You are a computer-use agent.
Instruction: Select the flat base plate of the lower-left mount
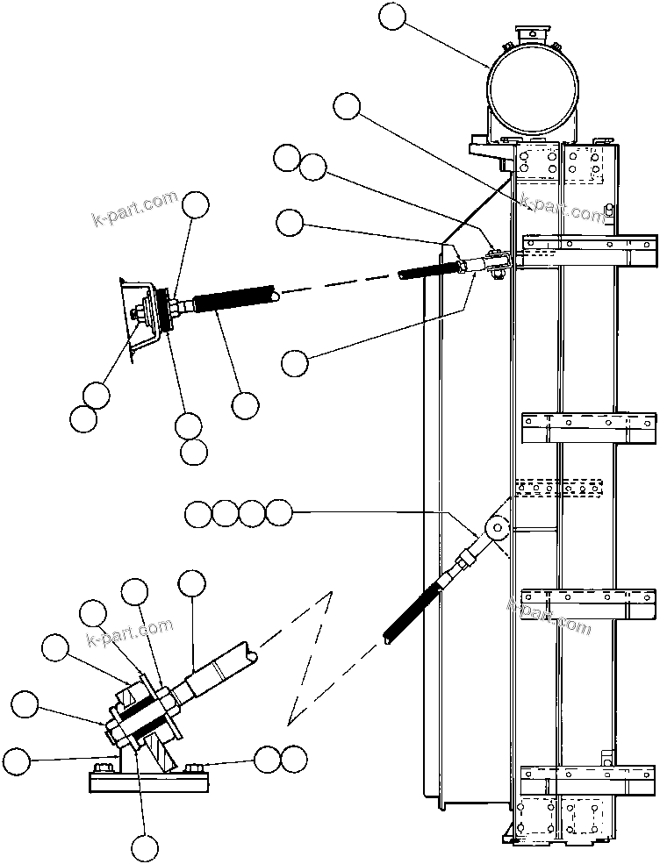tap(148, 779)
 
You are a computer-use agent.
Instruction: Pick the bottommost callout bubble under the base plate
tap(145, 847)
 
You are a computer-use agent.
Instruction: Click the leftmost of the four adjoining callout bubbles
tap(199, 513)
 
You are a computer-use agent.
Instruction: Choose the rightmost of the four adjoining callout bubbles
tap(278, 513)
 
